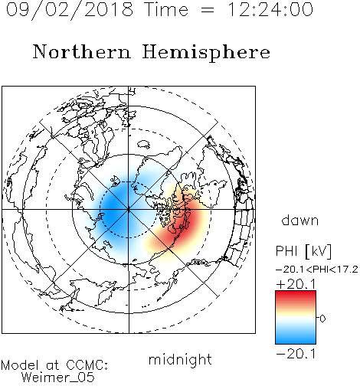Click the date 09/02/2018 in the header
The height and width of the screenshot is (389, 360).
[x=70, y=10]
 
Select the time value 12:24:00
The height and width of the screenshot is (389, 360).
[x=270, y=9]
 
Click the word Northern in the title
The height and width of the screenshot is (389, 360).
[x=82, y=51]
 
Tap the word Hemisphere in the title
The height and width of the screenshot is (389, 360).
[x=206, y=53]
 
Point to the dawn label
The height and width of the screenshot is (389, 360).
[x=300, y=220]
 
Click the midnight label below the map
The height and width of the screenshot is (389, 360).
[x=180, y=360]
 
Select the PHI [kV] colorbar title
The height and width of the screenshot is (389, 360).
[x=303, y=251]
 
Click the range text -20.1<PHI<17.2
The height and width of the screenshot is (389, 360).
[x=317, y=270]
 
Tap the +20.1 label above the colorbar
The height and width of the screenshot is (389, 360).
[x=296, y=284]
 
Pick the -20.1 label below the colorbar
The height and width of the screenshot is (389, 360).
[x=296, y=354]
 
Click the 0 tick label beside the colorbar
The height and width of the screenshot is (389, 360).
[x=322, y=319]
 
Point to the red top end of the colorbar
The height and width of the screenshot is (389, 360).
[x=296, y=293]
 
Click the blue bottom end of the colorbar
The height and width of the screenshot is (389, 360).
[x=296, y=341]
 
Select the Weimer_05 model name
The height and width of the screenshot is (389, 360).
[x=57, y=378]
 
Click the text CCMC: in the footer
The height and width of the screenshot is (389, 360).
[x=87, y=365]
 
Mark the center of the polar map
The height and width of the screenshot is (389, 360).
[x=129, y=210]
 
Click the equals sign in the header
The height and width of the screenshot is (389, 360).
[x=208, y=10]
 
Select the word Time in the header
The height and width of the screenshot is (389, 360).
[x=166, y=9]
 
